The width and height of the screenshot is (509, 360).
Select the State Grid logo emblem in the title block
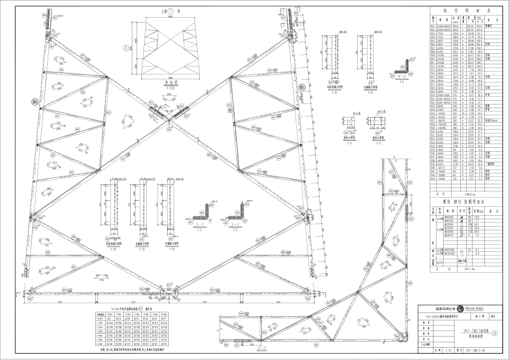(460, 309)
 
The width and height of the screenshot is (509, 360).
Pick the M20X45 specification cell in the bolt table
(442, 223)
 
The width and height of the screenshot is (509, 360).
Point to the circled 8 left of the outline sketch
(125, 48)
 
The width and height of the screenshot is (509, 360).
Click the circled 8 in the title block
(501, 333)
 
